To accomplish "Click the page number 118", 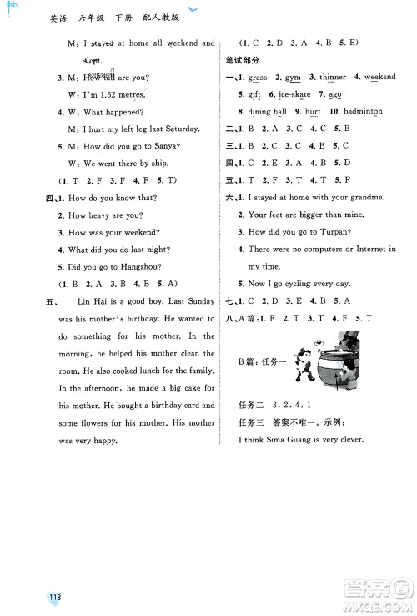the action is tap(56, 598).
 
